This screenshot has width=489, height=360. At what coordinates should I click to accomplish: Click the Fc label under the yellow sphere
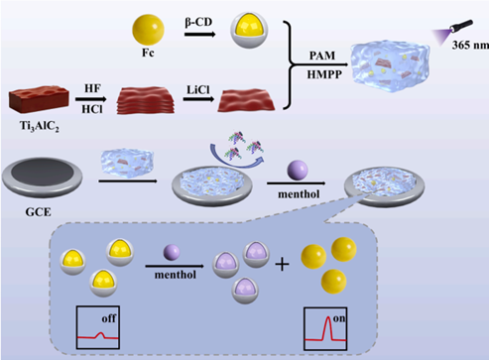point(148,53)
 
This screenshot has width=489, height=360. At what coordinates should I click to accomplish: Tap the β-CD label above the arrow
point(198,23)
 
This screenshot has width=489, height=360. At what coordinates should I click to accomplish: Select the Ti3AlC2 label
point(39,126)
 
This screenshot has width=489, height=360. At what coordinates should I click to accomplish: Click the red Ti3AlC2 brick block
point(39,100)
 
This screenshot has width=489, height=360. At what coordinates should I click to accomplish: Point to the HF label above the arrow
point(92,88)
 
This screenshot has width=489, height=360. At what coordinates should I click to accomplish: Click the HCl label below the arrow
point(92,109)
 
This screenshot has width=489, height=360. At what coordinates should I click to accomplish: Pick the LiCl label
point(198,90)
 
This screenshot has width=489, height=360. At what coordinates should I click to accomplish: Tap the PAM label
point(322,56)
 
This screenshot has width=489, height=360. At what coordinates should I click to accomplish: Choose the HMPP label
point(324,74)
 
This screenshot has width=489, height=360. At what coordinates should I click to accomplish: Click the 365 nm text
point(470,45)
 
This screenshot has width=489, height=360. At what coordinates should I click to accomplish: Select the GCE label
point(39,211)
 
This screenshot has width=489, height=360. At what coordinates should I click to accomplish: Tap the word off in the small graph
point(109,318)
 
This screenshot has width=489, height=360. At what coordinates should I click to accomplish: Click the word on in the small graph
point(339,318)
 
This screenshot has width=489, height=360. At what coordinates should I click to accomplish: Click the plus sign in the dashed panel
point(282,264)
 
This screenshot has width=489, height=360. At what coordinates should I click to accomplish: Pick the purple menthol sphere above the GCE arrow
point(298,171)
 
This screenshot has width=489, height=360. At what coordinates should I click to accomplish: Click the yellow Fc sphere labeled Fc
point(148,31)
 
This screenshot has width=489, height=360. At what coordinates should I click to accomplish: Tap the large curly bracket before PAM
point(290,64)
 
